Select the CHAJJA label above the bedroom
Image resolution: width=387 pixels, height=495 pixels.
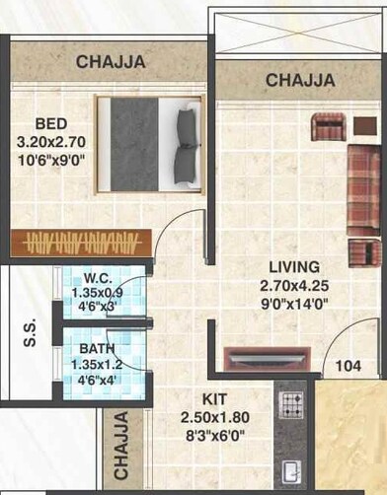click(x=111, y=62)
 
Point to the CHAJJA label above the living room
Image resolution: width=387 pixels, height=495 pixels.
click(x=298, y=79)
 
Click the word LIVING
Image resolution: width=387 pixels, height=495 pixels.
click(x=294, y=267)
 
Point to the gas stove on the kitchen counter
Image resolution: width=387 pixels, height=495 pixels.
click(x=292, y=403)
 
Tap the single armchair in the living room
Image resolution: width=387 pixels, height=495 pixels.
click(x=328, y=127)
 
